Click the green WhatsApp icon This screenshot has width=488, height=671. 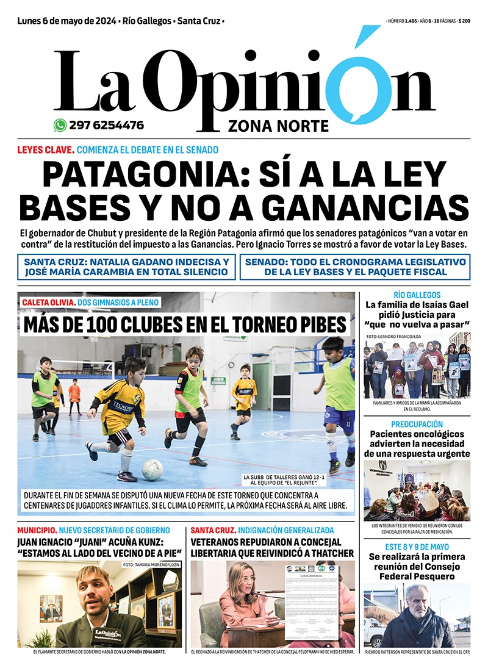[60, 125]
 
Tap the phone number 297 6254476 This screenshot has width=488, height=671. [107, 125]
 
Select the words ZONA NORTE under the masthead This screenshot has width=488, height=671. [278, 126]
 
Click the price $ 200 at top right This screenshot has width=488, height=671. [464, 21]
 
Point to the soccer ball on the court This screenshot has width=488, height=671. [152, 469]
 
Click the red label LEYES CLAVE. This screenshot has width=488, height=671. [46, 149]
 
